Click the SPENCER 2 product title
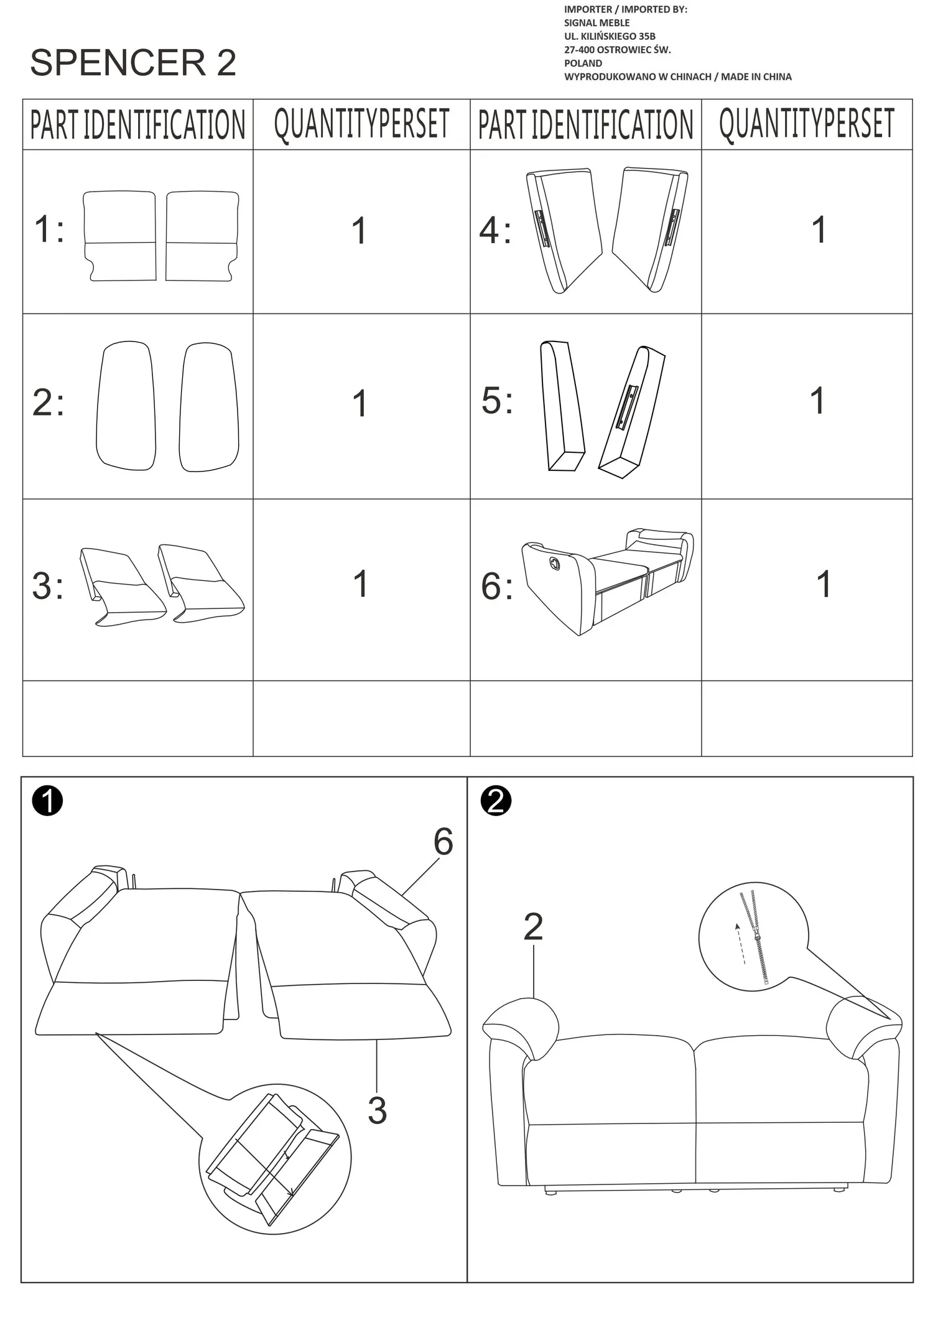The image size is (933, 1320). pyautogui.click(x=133, y=63)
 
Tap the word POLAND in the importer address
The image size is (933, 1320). pyautogui.click(x=583, y=63)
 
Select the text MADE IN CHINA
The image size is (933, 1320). pyautogui.click(x=756, y=77)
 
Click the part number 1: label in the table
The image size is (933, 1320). pyautogui.click(x=49, y=229)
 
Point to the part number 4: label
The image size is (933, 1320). pyautogui.click(x=496, y=231)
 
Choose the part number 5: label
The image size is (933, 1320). pyautogui.click(x=498, y=400)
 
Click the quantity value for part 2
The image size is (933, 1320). pyautogui.click(x=360, y=403)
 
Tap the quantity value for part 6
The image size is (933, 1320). pyautogui.click(x=824, y=584)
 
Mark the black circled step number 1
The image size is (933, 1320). pyautogui.click(x=48, y=801)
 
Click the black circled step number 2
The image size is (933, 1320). pyautogui.click(x=496, y=801)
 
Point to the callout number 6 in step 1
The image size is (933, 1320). pyautogui.click(x=443, y=842)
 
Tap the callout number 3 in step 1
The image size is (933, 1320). pyautogui.click(x=377, y=1110)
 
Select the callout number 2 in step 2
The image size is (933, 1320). pyautogui.click(x=533, y=927)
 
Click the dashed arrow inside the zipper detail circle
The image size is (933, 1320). pyautogui.click(x=740, y=944)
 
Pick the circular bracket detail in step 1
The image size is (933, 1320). pyautogui.click(x=275, y=1160)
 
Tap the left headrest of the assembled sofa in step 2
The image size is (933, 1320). pyautogui.click(x=521, y=1027)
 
